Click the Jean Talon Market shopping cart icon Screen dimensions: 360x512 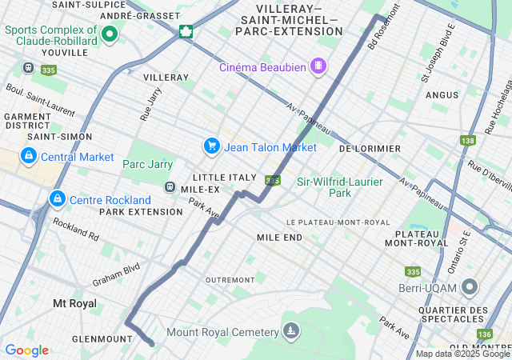tap(211, 146)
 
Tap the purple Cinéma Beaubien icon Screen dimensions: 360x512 tap(318, 65)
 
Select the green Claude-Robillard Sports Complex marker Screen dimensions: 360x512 tap(109, 34)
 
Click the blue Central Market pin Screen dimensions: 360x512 tap(29, 155)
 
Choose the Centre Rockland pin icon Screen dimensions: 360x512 tap(57, 198)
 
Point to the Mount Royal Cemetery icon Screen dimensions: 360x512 tap(290, 331)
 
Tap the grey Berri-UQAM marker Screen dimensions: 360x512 tap(470, 286)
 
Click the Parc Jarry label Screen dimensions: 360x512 tap(147, 165)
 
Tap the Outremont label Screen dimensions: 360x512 tap(230, 280)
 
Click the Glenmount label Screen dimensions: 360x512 tap(102, 339)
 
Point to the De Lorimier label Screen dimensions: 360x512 tap(370, 149)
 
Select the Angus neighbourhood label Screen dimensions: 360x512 tap(442, 94)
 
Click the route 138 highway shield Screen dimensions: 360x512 tap(468, 141)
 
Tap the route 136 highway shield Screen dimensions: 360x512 tap(484, 334)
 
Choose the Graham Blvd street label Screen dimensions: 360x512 tap(116, 275)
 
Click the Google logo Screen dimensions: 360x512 tap(26, 350)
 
